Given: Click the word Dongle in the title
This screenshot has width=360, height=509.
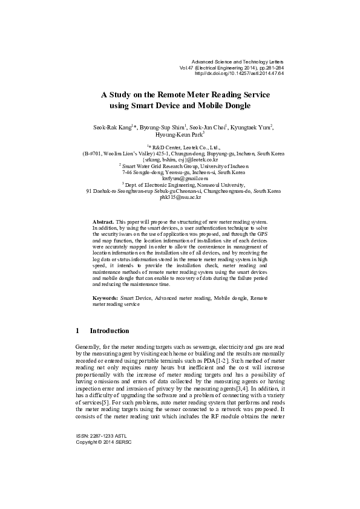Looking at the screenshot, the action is (234, 106).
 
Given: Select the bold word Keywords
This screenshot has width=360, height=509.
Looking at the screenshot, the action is (105, 299).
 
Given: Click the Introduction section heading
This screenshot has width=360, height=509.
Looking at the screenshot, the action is (110, 331).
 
